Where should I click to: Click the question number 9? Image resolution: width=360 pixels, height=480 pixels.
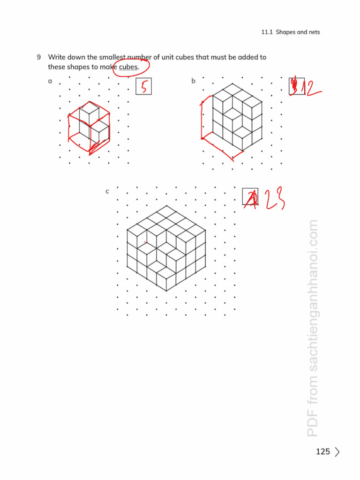click(x=39, y=57)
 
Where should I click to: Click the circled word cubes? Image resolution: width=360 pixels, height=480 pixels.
click(x=128, y=67)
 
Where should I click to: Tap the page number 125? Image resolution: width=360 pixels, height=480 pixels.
click(x=323, y=452)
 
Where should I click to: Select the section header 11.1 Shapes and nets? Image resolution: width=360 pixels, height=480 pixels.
click(x=291, y=32)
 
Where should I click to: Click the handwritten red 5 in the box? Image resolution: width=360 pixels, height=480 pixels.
click(x=144, y=86)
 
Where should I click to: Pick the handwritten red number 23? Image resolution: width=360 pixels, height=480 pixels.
click(x=271, y=199)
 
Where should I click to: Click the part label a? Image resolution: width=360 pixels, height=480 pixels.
click(x=50, y=81)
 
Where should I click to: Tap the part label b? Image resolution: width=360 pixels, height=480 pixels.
click(x=193, y=81)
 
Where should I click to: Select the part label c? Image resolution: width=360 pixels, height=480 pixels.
click(x=107, y=191)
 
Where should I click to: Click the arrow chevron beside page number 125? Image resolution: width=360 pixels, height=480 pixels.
click(x=337, y=452)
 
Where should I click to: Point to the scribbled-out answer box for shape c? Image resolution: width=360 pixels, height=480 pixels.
click(x=250, y=197)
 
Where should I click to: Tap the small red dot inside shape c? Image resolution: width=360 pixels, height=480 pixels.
click(x=145, y=242)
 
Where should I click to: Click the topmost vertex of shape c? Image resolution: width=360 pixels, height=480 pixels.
click(x=166, y=206)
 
